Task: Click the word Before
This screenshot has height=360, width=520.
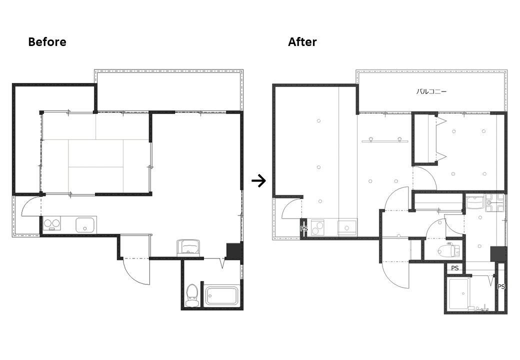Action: click(47, 42)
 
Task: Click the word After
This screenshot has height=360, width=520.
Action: click(302, 42)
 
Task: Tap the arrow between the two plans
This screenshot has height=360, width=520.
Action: click(258, 181)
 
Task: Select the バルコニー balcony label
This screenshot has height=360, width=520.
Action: click(431, 91)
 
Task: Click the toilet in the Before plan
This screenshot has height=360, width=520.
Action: click(191, 295)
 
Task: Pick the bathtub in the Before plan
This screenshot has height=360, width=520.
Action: click(222, 295)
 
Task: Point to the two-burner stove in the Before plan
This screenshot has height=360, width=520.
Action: click(52, 223)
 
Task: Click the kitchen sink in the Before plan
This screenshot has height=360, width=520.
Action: click(85, 225)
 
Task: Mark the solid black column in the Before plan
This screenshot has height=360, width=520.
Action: click(234, 251)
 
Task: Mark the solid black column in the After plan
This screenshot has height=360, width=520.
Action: click(498, 254)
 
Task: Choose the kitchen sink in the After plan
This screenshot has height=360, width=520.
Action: click(347, 227)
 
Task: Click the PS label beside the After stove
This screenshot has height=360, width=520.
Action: click(304, 228)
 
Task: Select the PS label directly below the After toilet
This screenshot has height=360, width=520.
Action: click(454, 268)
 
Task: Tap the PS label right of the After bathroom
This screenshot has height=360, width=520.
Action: click(501, 286)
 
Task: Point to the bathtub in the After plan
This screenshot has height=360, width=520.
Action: click(459, 293)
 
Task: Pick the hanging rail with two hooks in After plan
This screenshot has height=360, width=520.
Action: click(385, 140)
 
